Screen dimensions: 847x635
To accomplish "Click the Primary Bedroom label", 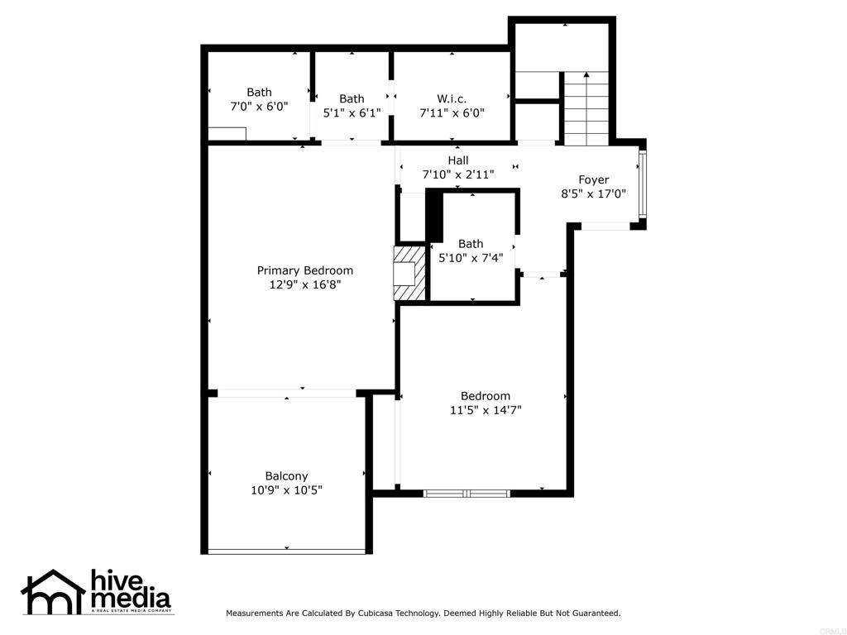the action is click(304, 270).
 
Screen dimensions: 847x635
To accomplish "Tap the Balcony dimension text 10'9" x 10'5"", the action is click(286, 490).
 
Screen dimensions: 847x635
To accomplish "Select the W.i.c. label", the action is click(452, 99).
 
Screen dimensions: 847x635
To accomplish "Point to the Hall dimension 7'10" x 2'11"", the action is click(458, 174).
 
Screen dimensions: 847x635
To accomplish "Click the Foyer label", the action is click(594, 179).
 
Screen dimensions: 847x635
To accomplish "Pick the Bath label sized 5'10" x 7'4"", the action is click(471, 244).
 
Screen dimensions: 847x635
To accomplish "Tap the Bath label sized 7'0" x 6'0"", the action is click(259, 93).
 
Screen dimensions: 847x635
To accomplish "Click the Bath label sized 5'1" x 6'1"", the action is click(352, 99).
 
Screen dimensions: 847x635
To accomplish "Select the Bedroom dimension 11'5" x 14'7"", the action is click(486, 410).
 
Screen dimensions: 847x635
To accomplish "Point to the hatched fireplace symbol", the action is click(409, 273).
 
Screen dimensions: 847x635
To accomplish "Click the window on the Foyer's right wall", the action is click(642, 184).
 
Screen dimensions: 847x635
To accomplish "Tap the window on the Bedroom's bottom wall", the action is click(467, 493).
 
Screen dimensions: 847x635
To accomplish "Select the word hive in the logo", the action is click(116, 580).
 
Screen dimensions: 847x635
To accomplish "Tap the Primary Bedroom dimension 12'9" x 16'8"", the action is click(304, 284).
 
